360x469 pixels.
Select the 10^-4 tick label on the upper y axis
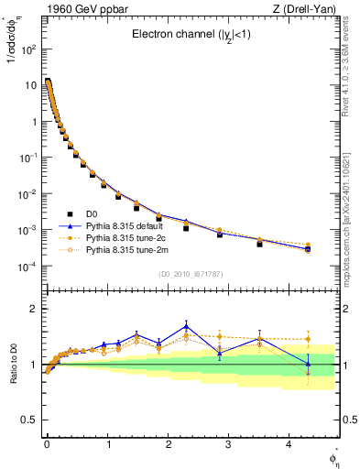coord(28,267)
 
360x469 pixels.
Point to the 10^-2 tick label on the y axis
coord(28,194)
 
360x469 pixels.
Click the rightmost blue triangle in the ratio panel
coord(308,364)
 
